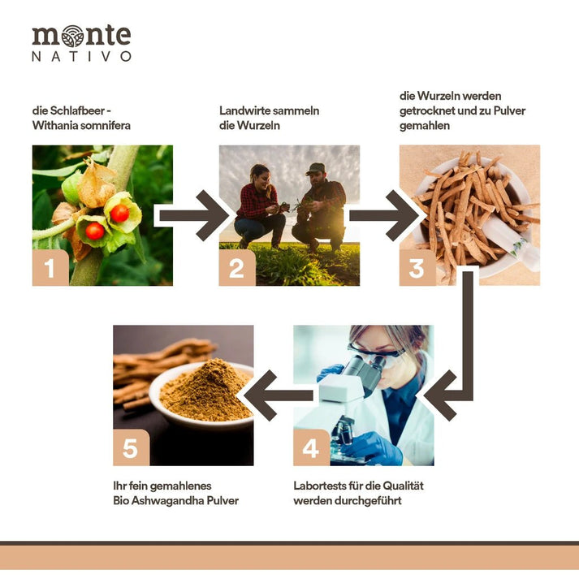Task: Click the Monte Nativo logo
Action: (x=81, y=42)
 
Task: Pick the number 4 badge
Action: (x=312, y=447)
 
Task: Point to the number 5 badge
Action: (x=131, y=447)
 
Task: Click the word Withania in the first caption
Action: (x=56, y=126)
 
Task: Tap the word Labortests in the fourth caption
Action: (x=322, y=486)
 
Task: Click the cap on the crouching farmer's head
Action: (x=316, y=168)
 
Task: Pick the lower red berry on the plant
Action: (x=94, y=231)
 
